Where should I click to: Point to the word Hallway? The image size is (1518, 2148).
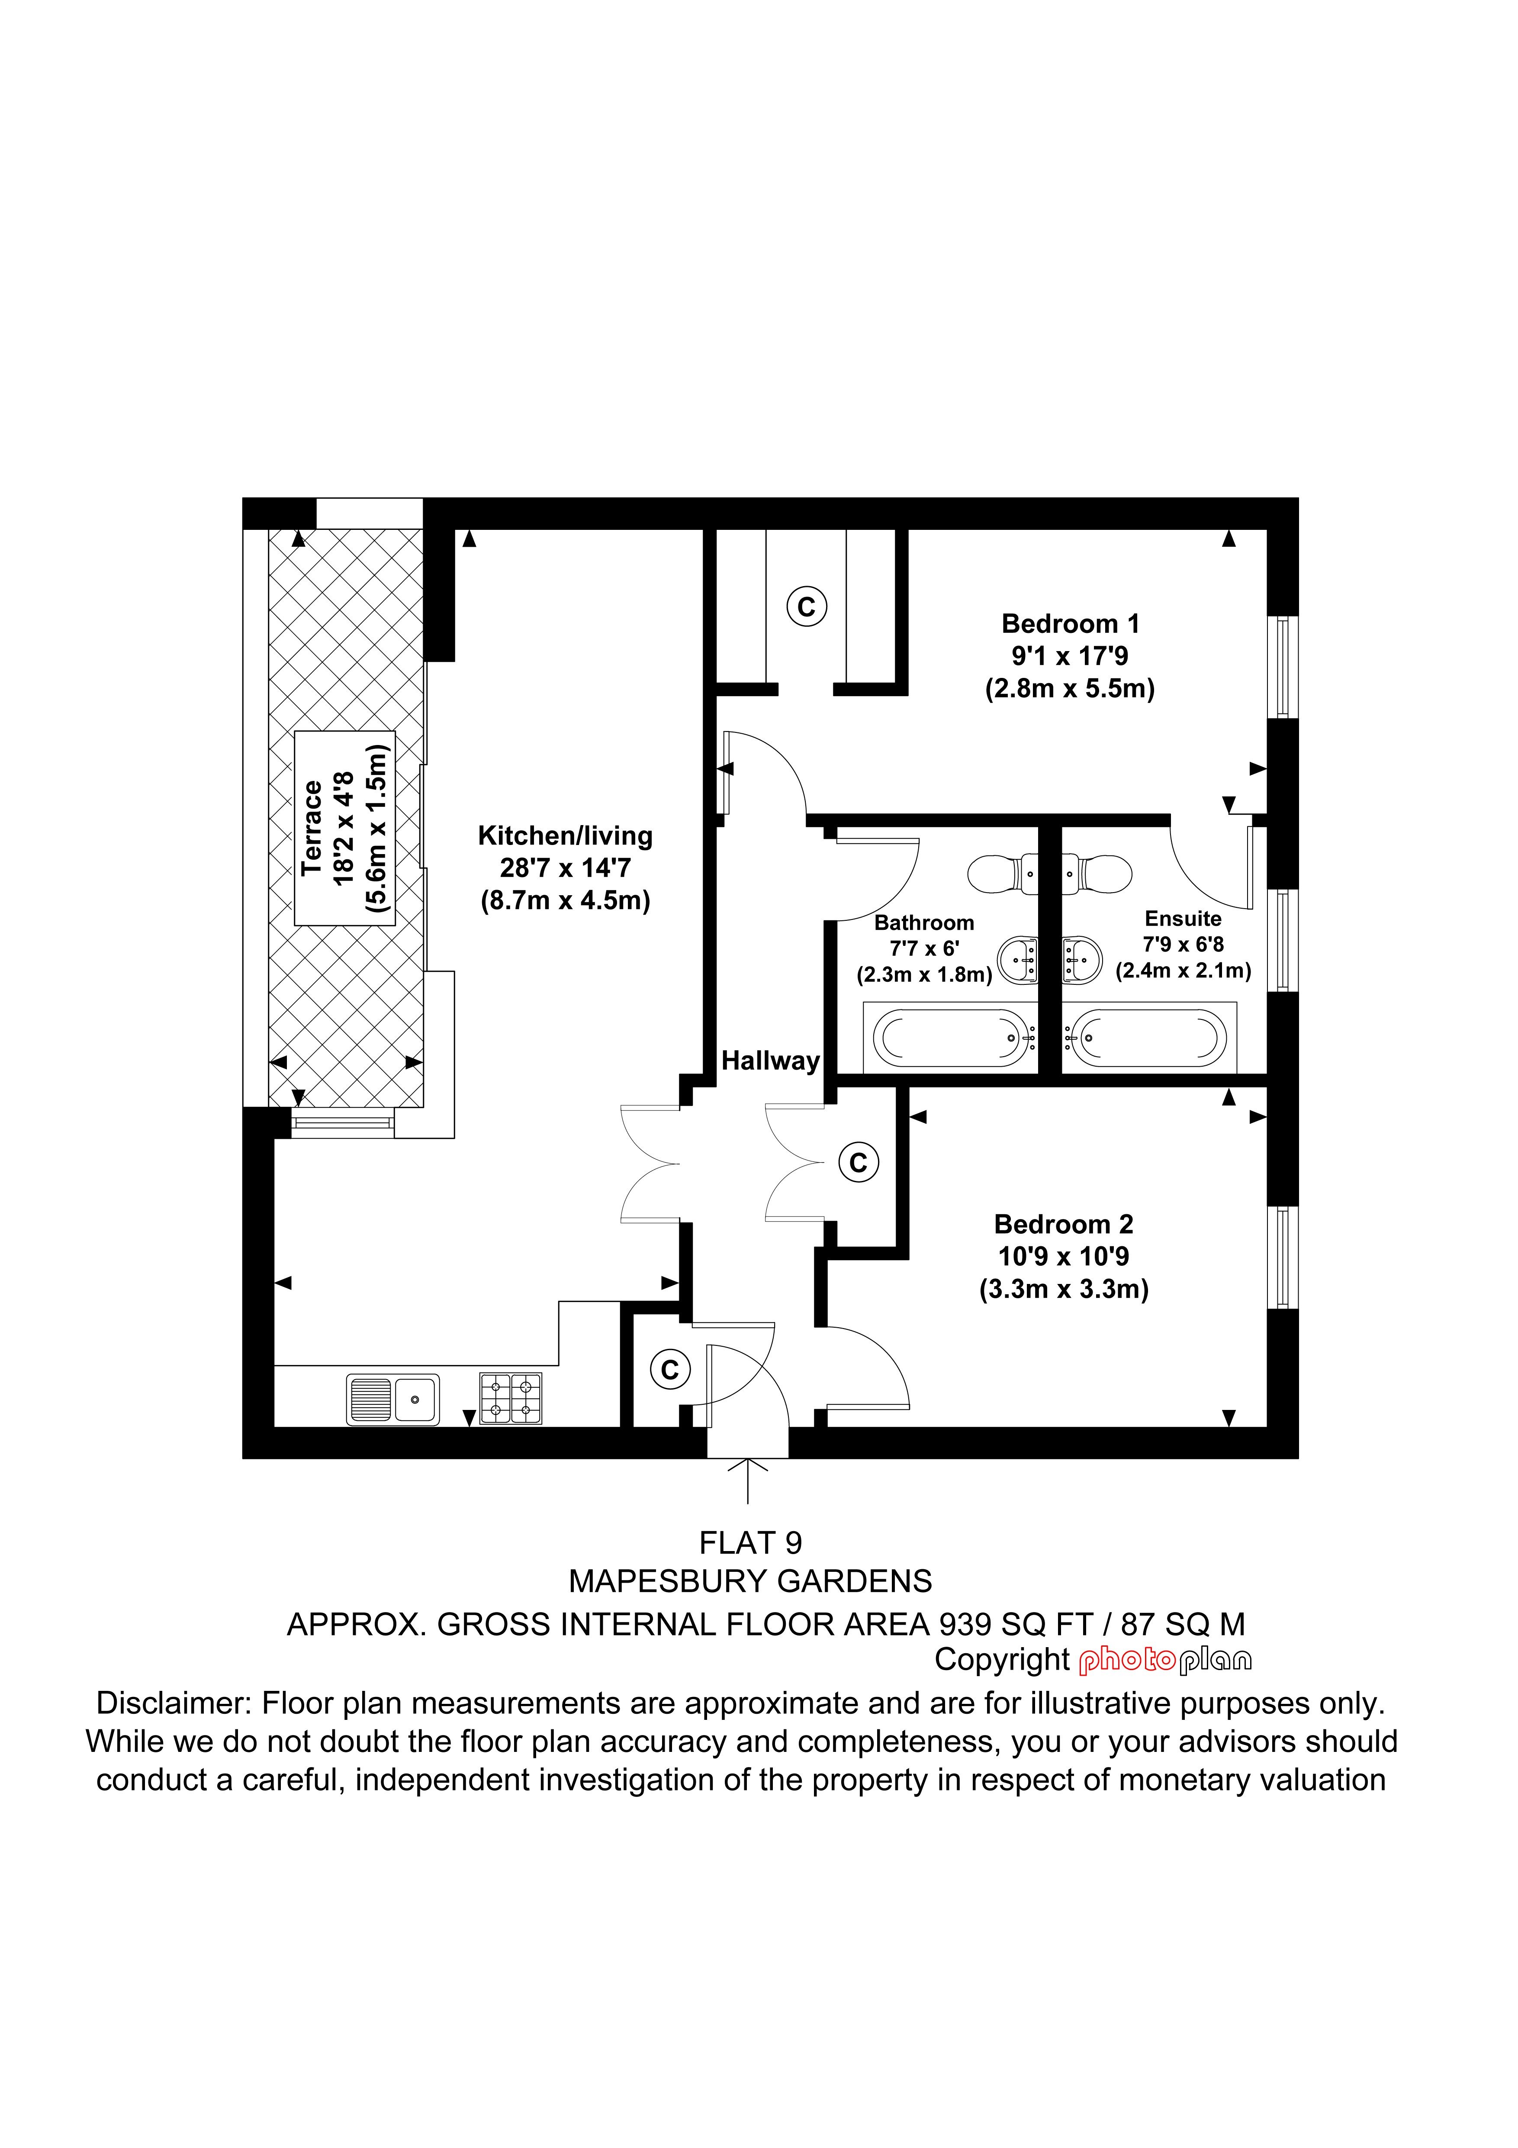[x=771, y=1061]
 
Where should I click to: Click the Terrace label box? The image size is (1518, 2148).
[x=345, y=828]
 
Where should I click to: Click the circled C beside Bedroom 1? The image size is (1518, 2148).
[x=806, y=606]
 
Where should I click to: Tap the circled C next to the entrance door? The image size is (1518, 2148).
[x=670, y=1370]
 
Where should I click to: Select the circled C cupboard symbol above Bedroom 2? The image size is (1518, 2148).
[x=859, y=1163]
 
